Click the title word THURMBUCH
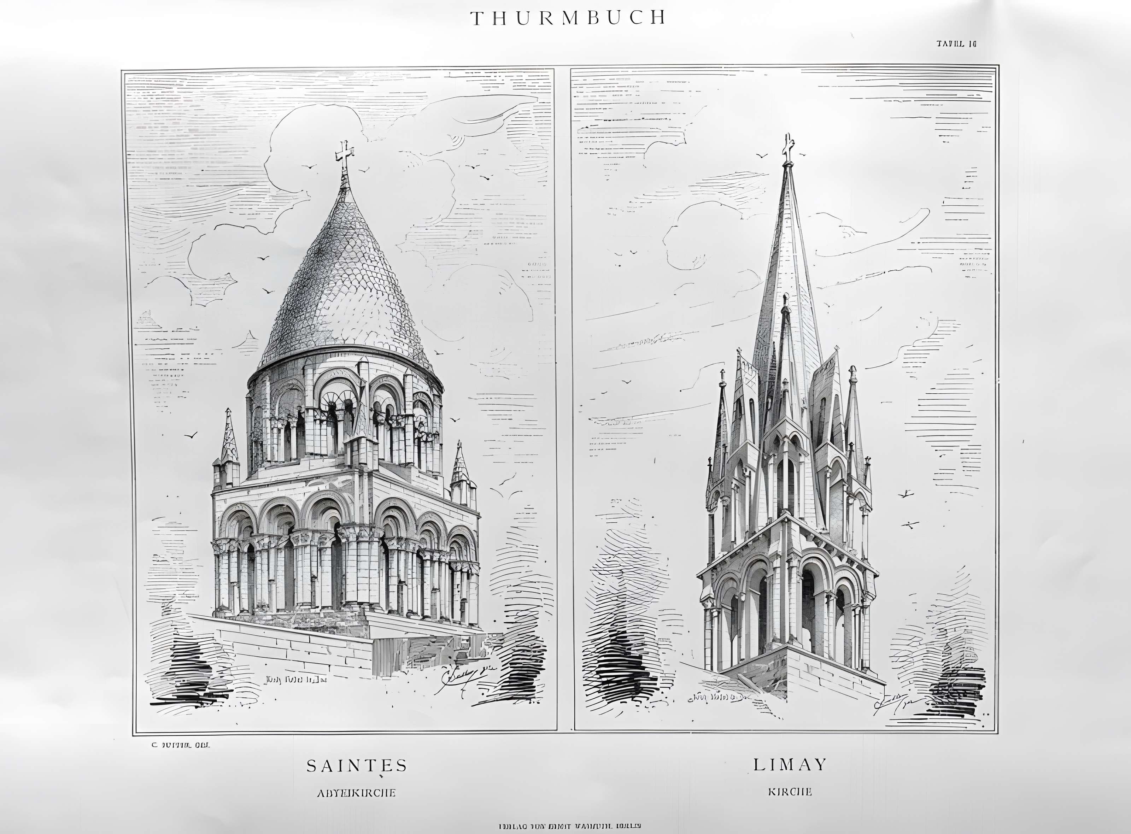(568, 18)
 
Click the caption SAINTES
(357, 766)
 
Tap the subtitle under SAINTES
(356, 793)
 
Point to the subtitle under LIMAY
(790, 792)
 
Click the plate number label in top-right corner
(956, 44)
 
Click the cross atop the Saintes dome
(344, 155)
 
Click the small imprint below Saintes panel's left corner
(180, 745)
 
